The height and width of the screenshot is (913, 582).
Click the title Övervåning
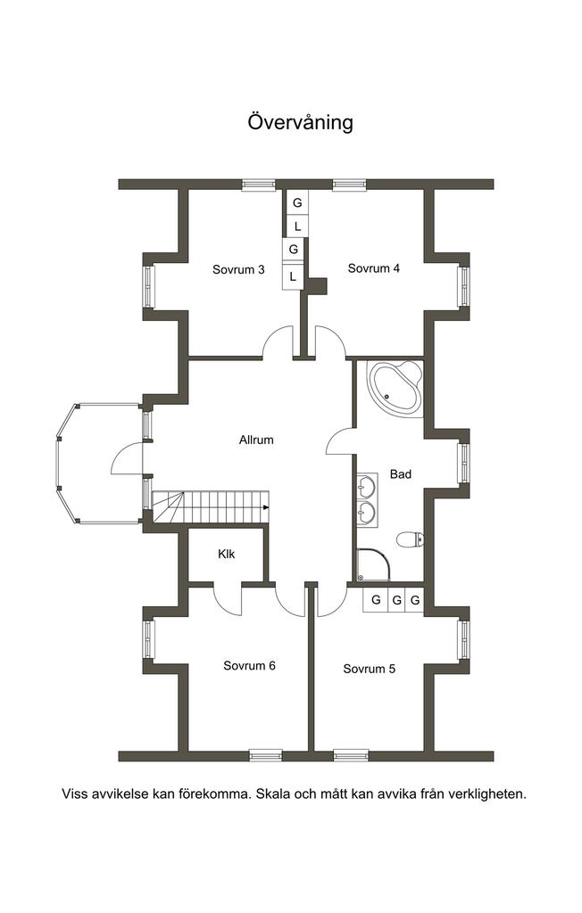300,122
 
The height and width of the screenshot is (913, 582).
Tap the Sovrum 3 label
238,269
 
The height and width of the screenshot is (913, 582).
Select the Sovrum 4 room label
374,268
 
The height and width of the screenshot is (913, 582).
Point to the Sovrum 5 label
370,669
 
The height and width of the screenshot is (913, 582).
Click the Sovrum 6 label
249,665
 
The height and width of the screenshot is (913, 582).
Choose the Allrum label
256,440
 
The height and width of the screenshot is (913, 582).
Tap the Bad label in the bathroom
401,474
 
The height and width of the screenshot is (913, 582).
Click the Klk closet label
226,555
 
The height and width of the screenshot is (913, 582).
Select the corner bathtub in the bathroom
395,388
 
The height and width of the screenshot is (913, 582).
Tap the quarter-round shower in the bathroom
373,564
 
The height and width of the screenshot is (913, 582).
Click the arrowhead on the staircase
266,507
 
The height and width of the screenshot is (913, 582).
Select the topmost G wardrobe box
297,203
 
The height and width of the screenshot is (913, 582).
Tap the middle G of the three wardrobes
396,600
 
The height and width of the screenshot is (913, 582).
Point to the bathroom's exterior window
463,464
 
